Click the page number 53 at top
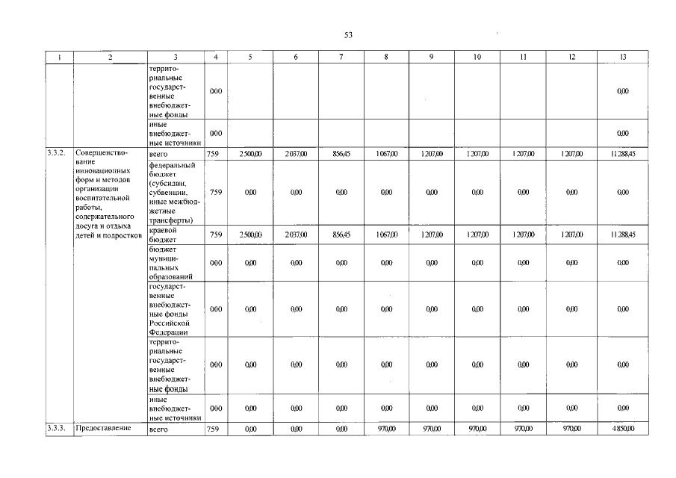[348, 35]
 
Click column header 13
[623, 58]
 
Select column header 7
[341, 58]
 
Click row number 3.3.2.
[55, 153]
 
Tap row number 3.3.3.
[55, 429]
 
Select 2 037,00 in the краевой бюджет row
[296, 235]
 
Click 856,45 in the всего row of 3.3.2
[341, 154]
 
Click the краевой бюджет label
[163, 235]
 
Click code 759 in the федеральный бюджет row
[215, 192]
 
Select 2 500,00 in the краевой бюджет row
[250, 235]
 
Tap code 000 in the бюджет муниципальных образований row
[215, 263]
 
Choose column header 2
[110, 58]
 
